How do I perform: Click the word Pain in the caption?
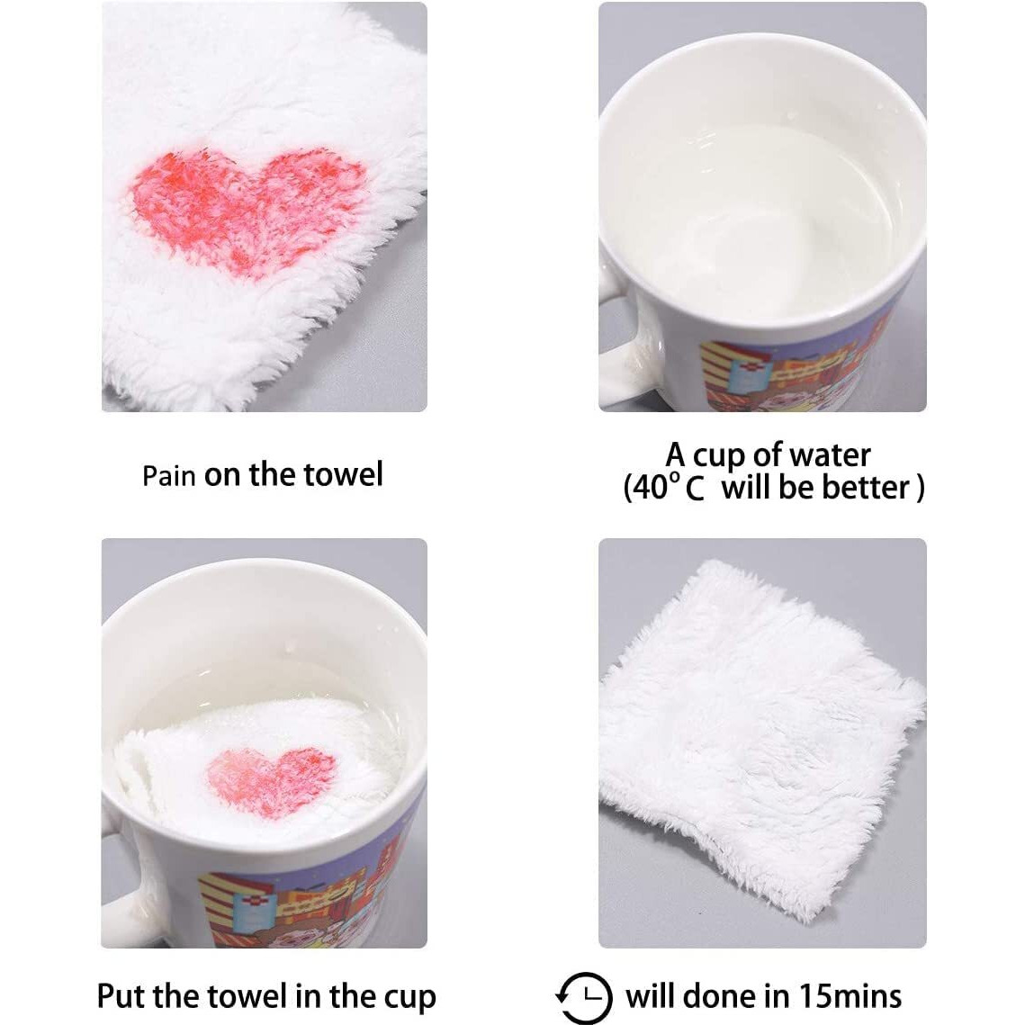pyautogui.click(x=168, y=476)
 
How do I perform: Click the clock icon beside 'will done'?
pyautogui.click(x=584, y=997)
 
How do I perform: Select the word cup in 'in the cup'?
pyautogui.click(x=409, y=999)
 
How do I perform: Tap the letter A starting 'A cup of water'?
pyautogui.click(x=676, y=454)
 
